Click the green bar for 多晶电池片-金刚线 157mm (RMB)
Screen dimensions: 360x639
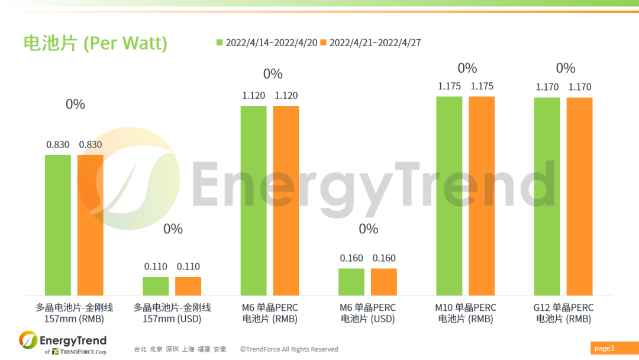tap(58, 225)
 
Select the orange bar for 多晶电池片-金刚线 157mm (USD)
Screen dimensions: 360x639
tap(188, 286)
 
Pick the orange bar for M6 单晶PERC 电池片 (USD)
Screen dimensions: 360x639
tap(384, 282)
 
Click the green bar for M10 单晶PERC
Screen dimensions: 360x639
tap(449, 195)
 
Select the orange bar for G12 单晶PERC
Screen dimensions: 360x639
tap(579, 196)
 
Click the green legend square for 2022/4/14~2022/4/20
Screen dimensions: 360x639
tap(220, 43)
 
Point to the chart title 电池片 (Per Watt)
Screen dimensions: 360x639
tap(95, 43)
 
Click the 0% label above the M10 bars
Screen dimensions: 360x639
tap(467, 68)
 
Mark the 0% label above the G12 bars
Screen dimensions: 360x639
tap(565, 68)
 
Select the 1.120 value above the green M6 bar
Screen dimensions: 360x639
tap(253, 95)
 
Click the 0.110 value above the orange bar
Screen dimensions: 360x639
tap(188, 266)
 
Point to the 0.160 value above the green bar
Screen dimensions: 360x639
tap(351, 258)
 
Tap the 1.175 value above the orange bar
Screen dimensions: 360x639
tap(482, 86)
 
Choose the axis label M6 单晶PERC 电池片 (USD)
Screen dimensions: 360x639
tap(367, 313)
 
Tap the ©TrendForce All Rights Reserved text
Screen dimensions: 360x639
tap(289, 349)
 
